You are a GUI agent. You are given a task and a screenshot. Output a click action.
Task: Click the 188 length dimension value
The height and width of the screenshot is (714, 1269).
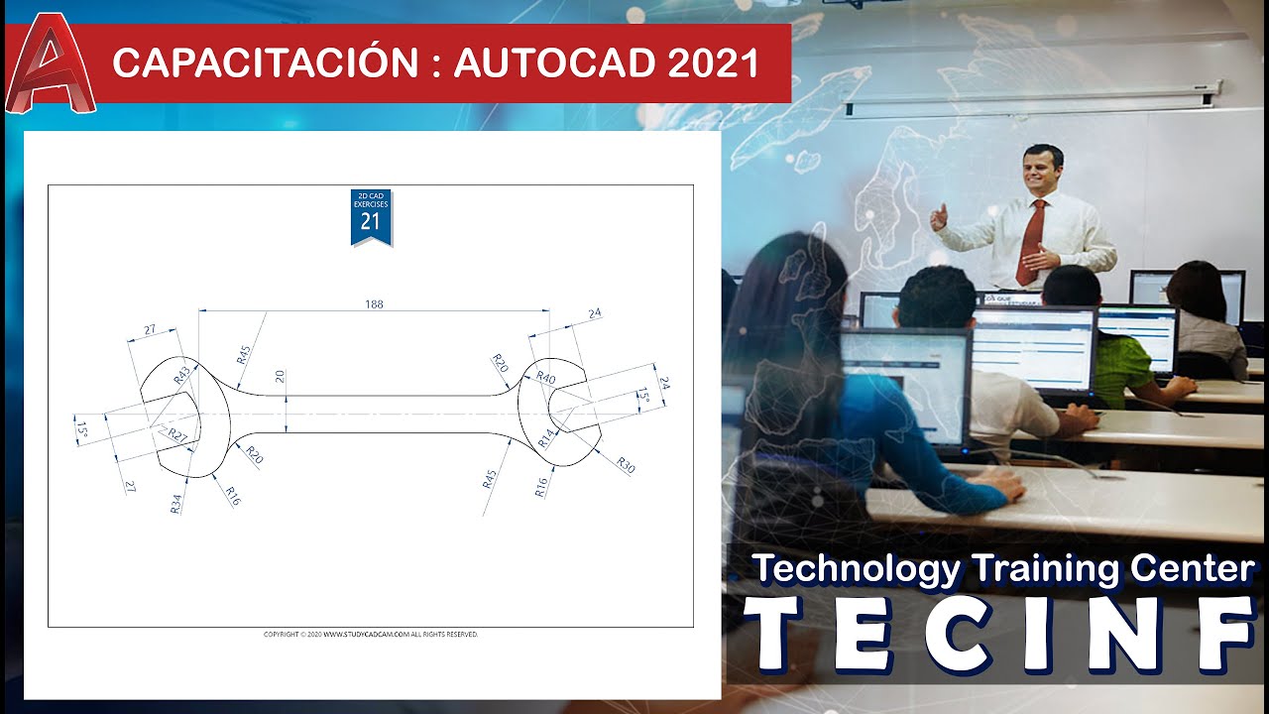tap(374, 304)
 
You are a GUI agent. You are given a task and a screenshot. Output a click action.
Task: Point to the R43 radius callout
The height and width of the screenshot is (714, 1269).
tap(181, 375)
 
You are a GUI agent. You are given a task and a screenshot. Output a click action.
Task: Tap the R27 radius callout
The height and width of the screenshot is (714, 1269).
tap(176, 434)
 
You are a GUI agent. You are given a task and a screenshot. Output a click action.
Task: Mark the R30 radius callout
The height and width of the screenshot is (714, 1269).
tap(625, 464)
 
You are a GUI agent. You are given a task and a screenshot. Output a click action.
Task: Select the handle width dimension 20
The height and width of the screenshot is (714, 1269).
tap(280, 376)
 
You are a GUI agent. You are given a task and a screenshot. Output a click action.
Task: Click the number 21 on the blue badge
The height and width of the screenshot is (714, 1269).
tap(370, 222)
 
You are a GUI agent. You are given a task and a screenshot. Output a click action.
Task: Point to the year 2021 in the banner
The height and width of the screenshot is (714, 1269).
tap(713, 63)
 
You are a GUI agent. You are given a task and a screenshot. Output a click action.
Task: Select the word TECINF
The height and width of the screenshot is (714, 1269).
tap(998, 632)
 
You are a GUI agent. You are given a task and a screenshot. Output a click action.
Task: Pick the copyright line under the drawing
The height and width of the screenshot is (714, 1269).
tap(370, 634)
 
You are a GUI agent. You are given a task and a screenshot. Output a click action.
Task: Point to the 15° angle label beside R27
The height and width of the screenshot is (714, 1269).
tap(81, 428)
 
